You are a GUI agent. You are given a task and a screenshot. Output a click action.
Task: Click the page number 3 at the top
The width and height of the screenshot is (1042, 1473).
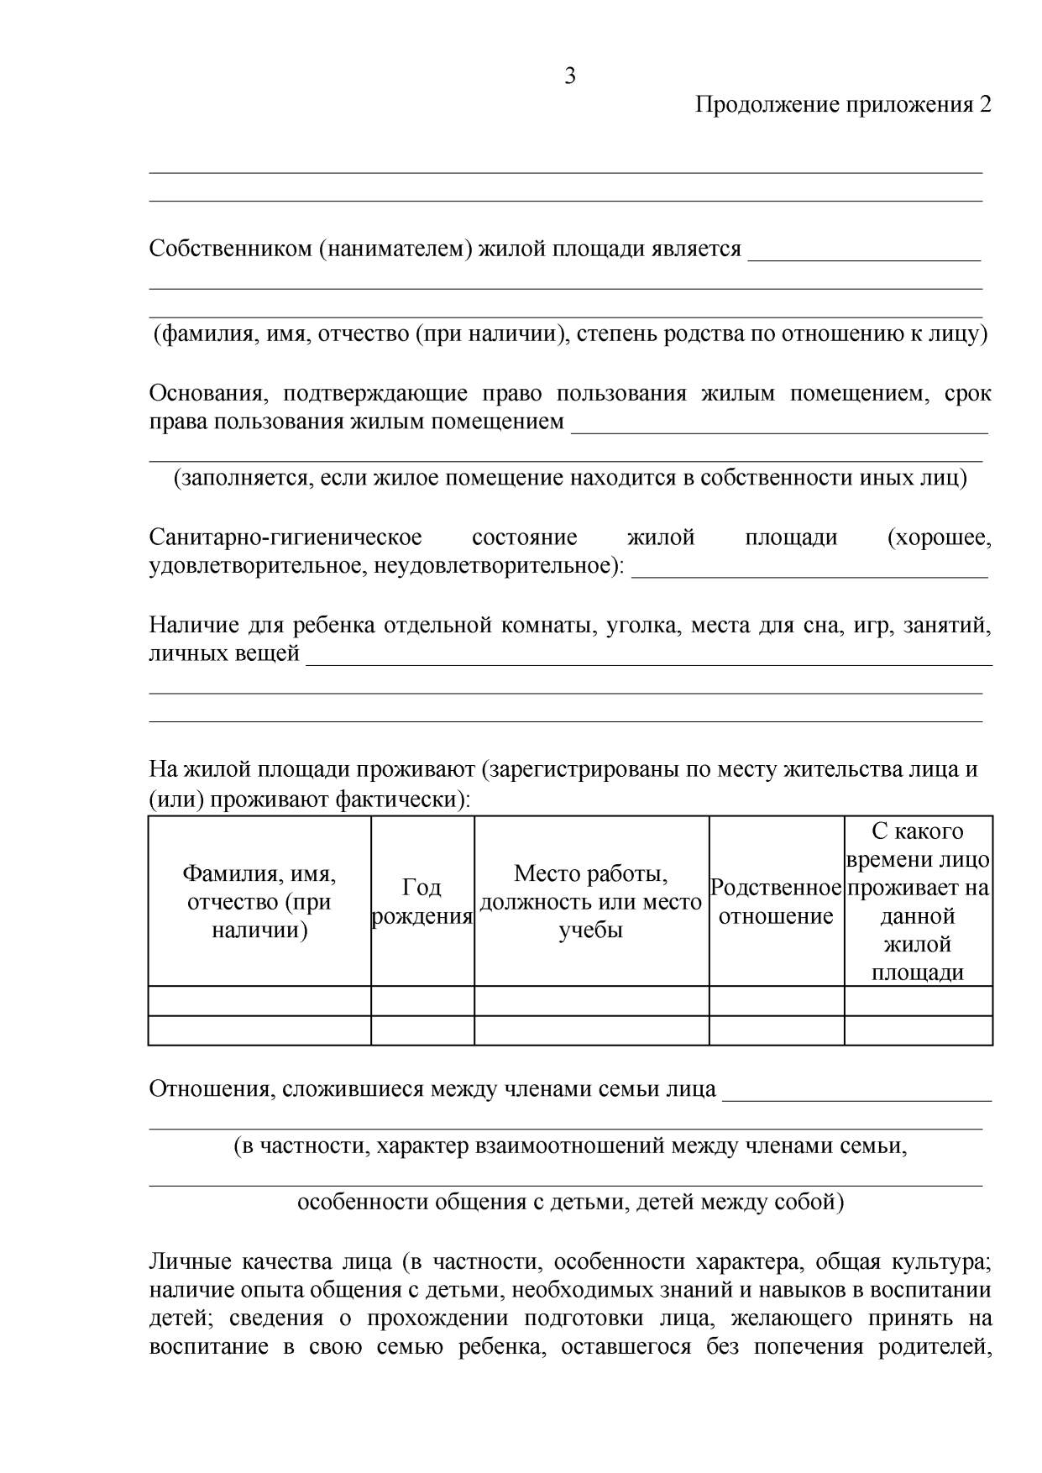pyautogui.click(x=570, y=76)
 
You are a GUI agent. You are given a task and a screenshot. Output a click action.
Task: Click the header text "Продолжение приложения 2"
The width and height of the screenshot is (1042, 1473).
pyautogui.click(x=843, y=105)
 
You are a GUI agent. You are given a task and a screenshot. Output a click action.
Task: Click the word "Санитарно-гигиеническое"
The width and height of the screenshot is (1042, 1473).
pyautogui.click(x=285, y=537)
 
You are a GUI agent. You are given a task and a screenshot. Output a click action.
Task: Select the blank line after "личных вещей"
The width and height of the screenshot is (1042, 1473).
pyautogui.click(x=648, y=660)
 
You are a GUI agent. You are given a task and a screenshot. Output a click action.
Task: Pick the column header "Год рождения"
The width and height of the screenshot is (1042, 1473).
pyautogui.click(x=422, y=901)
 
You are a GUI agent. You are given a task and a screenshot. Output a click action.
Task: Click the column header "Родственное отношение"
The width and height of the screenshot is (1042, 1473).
pyautogui.click(x=776, y=901)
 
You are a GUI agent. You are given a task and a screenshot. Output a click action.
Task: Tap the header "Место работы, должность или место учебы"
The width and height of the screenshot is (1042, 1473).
pyautogui.click(x=591, y=901)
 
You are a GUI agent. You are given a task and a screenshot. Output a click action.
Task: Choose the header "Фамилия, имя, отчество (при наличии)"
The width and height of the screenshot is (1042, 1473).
pyautogui.click(x=259, y=901)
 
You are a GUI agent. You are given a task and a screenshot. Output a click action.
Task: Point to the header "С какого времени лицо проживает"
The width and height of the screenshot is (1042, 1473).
pyautogui.click(x=918, y=901)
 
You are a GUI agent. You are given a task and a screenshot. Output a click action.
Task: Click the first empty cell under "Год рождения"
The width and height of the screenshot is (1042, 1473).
pyautogui.click(x=422, y=1000)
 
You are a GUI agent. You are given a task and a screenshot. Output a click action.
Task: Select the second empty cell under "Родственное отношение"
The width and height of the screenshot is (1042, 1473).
pyautogui.click(x=776, y=1030)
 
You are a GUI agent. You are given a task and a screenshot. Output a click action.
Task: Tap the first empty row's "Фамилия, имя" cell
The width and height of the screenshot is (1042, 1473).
pyautogui.click(x=259, y=1000)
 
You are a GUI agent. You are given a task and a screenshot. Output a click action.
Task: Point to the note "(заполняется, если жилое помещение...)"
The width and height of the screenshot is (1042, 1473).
pyautogui.click(x=570, y=478)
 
